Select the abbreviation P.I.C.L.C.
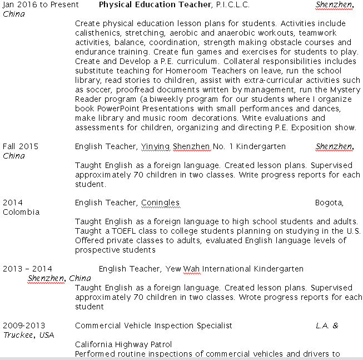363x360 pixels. tap(232, 4)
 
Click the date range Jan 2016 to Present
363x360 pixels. tap(41, 4)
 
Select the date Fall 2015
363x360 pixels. tap(21, 146)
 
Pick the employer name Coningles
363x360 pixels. tap(160, 203)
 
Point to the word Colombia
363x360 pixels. tap(21, 212)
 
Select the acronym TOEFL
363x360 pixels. tap(124, 231)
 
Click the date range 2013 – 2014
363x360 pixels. tap(27, 269)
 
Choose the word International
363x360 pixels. tap(227, 269)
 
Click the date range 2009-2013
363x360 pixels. tap(24, 326)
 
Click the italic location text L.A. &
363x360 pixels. tap(327, 326)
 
